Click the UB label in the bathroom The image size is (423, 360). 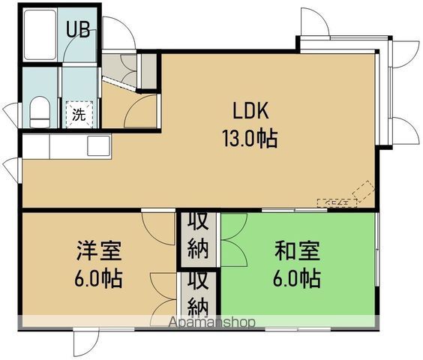pos(78,30)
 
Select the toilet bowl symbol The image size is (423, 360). pos(40,113)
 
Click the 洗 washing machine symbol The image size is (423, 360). pos(78,115)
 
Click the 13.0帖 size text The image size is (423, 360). pos(249,138)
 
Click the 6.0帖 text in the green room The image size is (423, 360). pos(296,278)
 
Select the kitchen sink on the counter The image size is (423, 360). pos(98,145)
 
